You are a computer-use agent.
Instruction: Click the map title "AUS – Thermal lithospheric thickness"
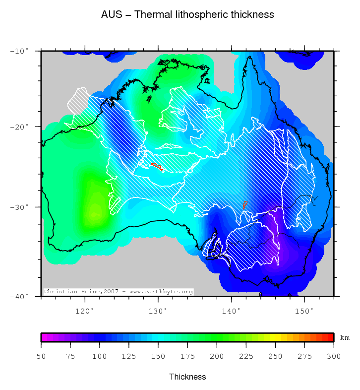coord(187,15)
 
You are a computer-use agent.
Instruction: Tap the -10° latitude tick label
coord(20,51)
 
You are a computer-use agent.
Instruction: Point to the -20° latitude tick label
coord(20,127)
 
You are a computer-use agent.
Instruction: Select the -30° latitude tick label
coord(20,207)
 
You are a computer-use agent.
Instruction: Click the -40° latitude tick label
coord(20,296)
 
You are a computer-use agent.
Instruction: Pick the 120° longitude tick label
coord(85,311)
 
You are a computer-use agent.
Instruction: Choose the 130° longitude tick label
coord(158,311)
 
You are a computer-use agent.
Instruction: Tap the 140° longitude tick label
coord(231,311)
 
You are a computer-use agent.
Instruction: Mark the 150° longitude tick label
coord(304,311)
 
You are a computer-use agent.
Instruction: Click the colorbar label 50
coord(41,356)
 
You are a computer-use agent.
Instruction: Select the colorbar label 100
coord(100,356)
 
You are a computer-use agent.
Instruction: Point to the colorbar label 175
coord(187,356)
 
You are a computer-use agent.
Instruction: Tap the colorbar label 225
coord(246,356)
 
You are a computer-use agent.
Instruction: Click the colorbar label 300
coord(334,356)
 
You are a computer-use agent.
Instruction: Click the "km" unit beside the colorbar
coord(345,338)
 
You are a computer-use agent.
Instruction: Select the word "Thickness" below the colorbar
coord(187,377)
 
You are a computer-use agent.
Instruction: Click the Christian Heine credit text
coord(118,292)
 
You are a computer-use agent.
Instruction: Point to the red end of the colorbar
coord(330,337)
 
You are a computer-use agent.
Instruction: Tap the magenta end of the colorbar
coord(44,337)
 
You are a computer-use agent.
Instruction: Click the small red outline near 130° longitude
coord(157,166)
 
